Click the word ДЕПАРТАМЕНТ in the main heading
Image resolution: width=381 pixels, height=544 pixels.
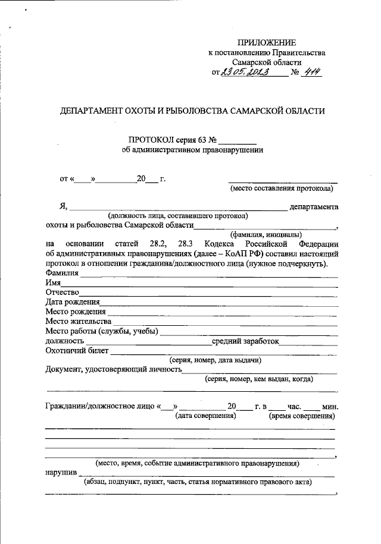[89, 111]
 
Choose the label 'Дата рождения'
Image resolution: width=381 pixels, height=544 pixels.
[70, 301]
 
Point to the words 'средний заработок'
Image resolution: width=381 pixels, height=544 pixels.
[245, 341]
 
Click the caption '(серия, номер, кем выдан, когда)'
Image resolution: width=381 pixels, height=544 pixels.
[258, 379]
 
